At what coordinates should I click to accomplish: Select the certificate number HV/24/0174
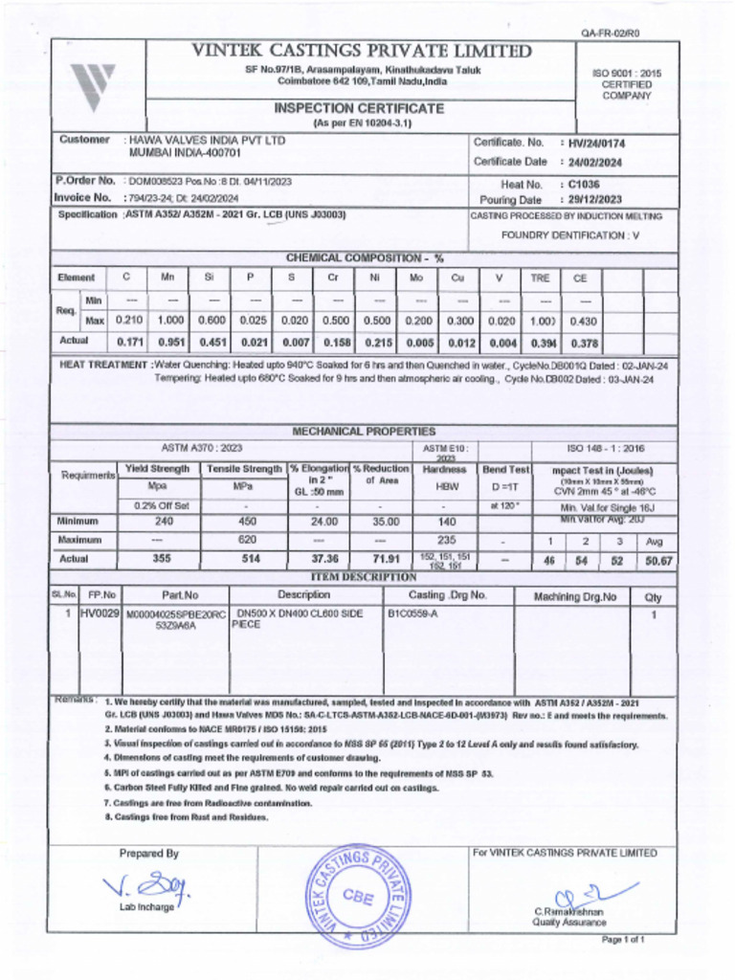pyautogui.click(x=596, y=144)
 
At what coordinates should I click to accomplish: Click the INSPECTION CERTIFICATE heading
pyautogui.click(x=359, y=109)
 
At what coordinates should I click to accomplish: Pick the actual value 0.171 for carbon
pyautogui.click(x=128, y=341)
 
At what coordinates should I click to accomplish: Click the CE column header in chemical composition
pyautogui.click(x=579, y=278)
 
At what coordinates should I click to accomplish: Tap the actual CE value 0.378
pyautogui.click(x=584, y=342)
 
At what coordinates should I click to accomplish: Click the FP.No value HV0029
pyautogui.click(x=100, y=613)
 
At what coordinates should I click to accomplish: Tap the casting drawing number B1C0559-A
pyautogui.click(x=412, y=613)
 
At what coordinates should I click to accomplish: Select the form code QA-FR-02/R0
pyautogui.click(x=611, y=33)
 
